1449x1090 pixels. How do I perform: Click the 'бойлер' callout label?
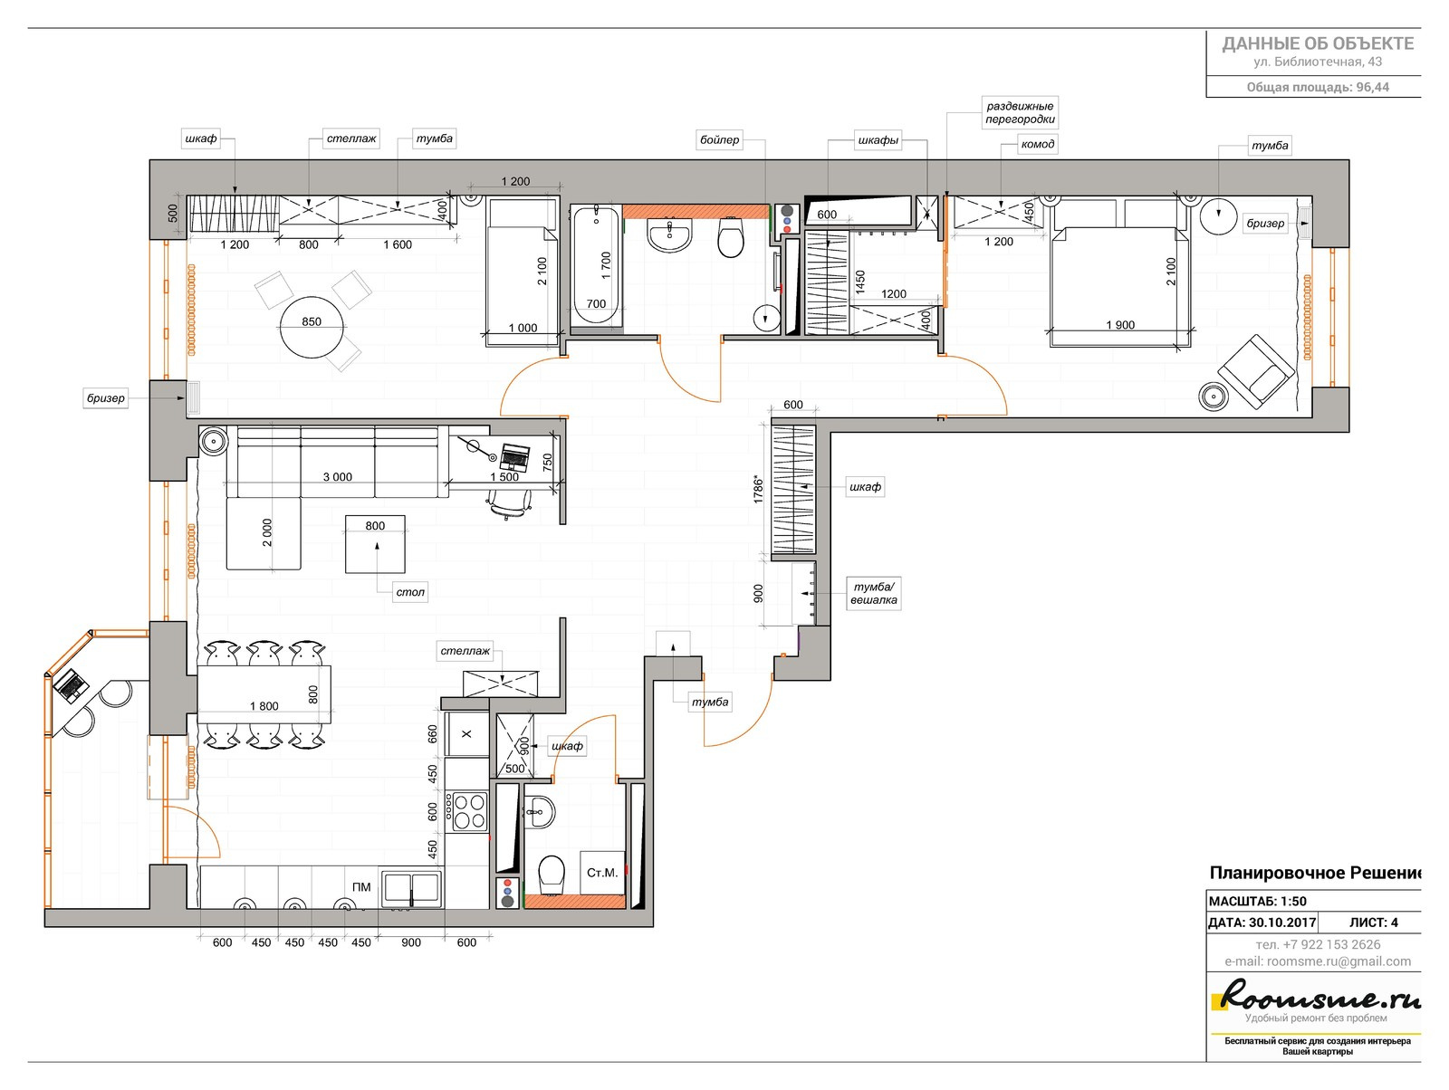(720, 140)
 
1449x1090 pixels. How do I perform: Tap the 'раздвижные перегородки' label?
(1020, 113)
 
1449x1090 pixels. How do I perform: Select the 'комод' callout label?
(1037, 144)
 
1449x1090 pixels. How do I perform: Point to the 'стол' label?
(410, 592)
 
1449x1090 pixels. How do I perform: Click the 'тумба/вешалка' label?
(873, 593)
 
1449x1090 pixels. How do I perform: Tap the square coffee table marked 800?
(375, 544)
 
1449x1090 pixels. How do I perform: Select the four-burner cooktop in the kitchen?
(468, 811)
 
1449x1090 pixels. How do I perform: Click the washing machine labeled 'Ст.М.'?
(602, 873)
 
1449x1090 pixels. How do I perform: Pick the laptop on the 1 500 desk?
(514, 457)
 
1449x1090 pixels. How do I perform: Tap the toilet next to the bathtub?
(731, 237)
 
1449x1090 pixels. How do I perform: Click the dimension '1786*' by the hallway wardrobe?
(759, 491)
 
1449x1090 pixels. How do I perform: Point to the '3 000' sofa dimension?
(337, 477)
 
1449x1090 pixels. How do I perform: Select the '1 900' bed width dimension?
(1120, 325)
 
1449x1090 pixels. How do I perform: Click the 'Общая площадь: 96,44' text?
(1318, 87)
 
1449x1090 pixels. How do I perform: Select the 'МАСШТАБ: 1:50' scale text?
(1258, 902)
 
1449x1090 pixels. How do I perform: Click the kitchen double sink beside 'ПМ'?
(412, 887)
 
